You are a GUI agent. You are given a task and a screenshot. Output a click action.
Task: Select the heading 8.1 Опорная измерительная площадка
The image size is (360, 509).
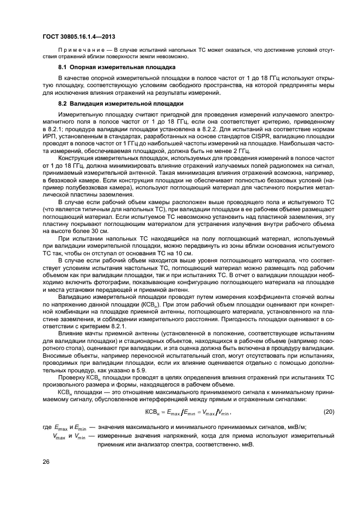(117, 68)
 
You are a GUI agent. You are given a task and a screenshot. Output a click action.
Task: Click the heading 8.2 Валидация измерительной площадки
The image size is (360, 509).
(121, 103)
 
